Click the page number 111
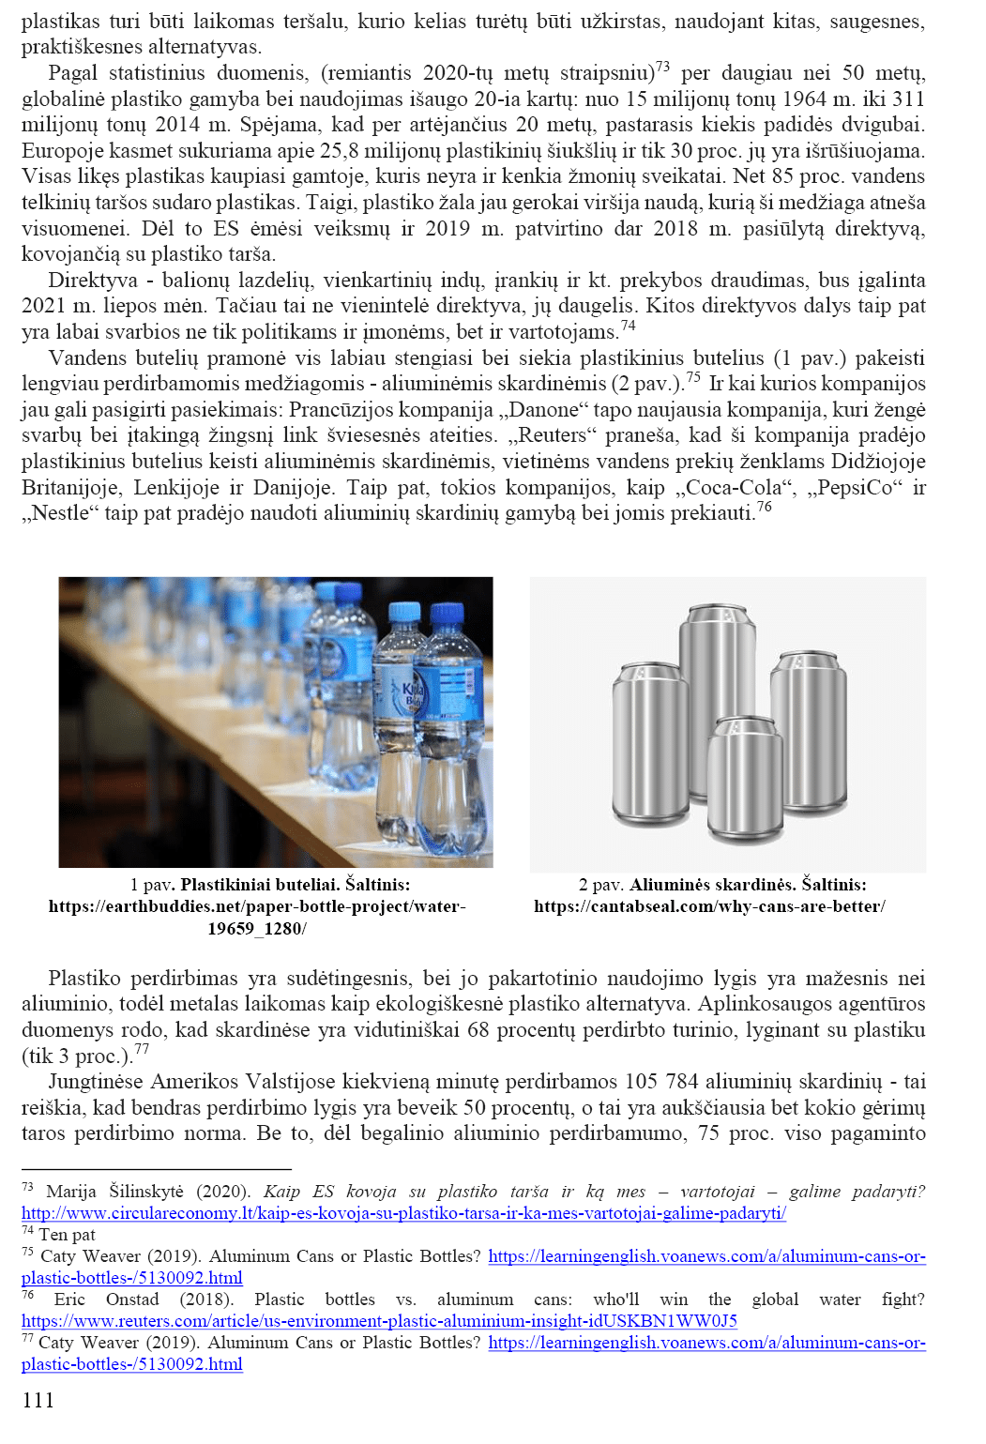click(x=38, y=1400)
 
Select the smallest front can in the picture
click(x=746, y=777)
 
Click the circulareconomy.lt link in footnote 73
click(x=403, y=1213)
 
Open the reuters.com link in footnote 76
click(x=379, y=1321)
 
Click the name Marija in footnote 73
click(x=71, y=1192)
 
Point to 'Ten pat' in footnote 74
click(x=67, y=1235)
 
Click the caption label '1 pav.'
click(x=152, y=885)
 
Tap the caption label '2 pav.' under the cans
click(x=600, y=885)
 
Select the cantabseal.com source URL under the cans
click(x=709, y=906)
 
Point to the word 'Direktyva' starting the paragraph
click(x=93, y=281)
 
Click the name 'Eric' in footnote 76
click(x=69, y=1300)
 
